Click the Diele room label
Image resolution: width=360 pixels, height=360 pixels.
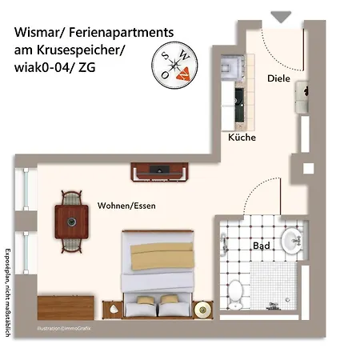coord(278,79)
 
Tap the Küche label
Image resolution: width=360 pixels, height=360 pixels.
coord(242,138)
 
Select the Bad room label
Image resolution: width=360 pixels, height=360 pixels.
coord(261,246)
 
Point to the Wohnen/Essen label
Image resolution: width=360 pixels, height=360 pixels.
coord(126,206)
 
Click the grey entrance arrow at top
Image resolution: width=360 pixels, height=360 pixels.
coord(281,16)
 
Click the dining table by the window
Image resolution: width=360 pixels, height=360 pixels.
coord(71,219)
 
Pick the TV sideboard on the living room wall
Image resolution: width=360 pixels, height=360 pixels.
coord(160,170)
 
